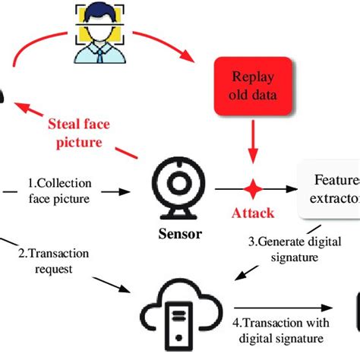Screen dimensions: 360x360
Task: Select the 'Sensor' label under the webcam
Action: point(181,234)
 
